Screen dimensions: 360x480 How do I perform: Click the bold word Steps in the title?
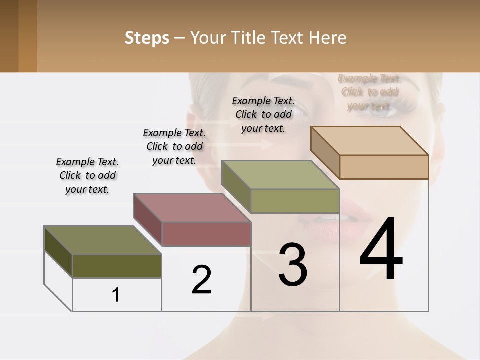tap(147, 38)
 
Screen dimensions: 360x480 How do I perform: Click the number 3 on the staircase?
tap(293, 265)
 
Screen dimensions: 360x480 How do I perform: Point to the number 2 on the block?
tap(202, 279)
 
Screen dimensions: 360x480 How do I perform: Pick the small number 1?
tap(116, 295)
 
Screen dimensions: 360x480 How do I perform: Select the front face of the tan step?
tap(384, 167)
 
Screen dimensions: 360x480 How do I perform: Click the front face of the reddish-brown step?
tap(206, 234)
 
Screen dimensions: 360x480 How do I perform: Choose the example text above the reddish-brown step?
tap(174, 146)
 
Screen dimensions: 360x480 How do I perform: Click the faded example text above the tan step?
tap(369, 92)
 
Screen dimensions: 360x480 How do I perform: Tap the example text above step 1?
tap(87, 175)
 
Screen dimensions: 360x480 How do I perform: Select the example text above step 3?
tap(263, 114)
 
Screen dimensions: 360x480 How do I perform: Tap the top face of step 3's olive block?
tap(280, 175)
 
